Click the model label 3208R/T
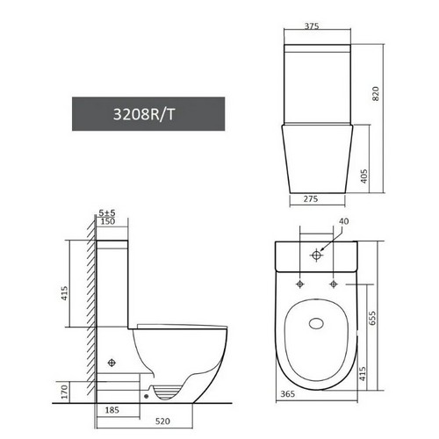(144, 114)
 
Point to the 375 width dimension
(312, 26)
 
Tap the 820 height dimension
(375, 94)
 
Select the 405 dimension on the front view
(363, 176)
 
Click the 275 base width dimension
(310, 198)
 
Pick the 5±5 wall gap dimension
(107, 212)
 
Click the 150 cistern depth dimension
(108, 221)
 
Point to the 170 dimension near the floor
(64, 392)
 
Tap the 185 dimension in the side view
(112, 410)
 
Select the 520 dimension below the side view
(162, 421)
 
